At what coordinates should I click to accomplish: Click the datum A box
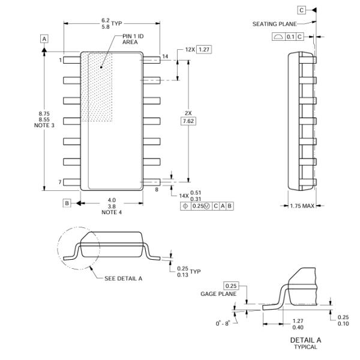coord(44,38)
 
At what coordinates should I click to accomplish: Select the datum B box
coord(67,203)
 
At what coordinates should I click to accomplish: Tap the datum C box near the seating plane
coord(301,10)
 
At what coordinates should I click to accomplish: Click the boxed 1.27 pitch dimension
coord(204,50)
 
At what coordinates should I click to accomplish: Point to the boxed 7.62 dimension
coord(188,121)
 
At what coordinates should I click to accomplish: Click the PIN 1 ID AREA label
coord(133,39)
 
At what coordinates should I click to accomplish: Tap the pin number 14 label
coord(165,56)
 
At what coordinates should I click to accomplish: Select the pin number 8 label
coord(157,190)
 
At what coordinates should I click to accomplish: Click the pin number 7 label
coord(60,182)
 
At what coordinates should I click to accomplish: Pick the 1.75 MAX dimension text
coord(302,206)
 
